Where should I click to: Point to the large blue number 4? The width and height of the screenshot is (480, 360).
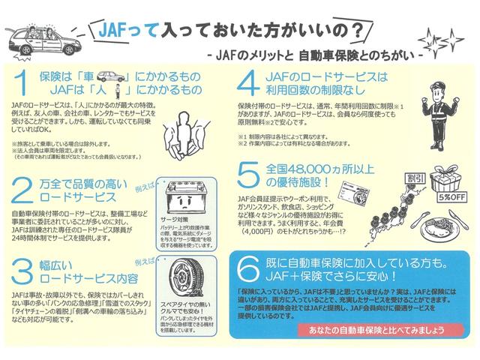pyautogui.click(x=250, y=85)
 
